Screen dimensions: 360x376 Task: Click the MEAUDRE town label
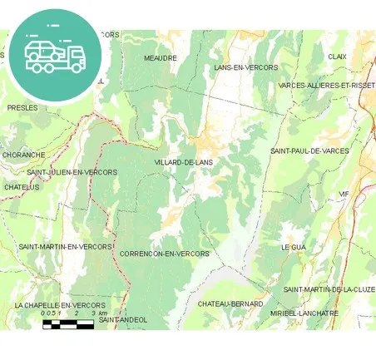coord(160,58)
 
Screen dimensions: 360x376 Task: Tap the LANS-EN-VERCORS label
coord(245,67)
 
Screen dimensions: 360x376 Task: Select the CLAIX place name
coord(337,57)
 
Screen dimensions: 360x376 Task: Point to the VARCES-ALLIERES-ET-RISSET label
coord(326,86)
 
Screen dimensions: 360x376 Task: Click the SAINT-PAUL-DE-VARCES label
coord(309,151)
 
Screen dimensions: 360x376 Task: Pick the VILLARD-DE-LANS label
coord(185,162)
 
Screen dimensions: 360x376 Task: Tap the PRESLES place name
coord(22,108)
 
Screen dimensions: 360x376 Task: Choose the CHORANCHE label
coord(23,155)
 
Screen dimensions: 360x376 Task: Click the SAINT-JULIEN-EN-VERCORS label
coord(72,172)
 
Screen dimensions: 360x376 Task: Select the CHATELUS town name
coord(22,187)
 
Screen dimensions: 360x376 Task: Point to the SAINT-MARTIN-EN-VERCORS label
coord(65,247)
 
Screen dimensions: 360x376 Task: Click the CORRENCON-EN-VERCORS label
coord(165,254)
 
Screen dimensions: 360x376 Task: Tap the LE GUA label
coord(294,248)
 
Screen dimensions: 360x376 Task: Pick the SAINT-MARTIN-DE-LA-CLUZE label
coord(329,289)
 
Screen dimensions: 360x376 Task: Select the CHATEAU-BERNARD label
coord(230,304)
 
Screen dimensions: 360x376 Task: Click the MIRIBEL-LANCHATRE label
coord(304,313)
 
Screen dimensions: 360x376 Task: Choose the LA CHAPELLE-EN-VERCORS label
coord(60,305)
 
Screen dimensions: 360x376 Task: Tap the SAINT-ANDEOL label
coord(123,319)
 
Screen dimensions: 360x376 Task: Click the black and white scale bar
coord(68,324)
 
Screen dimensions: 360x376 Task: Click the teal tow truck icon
coord(55,55)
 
